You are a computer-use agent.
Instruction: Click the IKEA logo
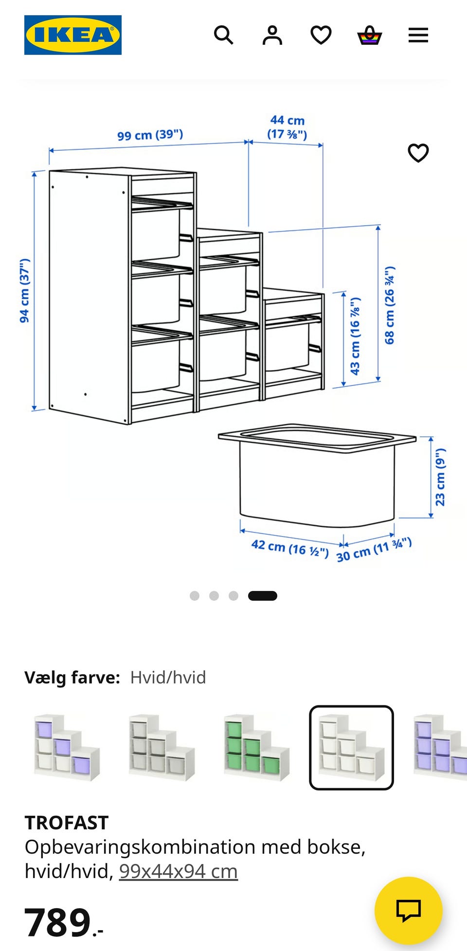(73, 35)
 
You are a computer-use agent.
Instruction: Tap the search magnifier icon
(224, 35)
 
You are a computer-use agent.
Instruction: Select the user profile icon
(272, 35)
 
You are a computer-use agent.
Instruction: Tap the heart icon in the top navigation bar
(321, 35)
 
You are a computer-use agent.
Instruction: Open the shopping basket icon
(370, 35)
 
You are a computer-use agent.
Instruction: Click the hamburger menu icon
(418, 35)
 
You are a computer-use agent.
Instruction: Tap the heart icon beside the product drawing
(418, 153)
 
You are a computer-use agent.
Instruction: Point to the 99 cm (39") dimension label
(150, 135)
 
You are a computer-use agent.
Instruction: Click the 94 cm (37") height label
(24, 290)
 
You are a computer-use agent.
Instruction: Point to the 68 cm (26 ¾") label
(390, 305)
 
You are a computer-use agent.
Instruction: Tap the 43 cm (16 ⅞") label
(356, 336)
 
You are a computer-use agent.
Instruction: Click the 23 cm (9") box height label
(440, 477)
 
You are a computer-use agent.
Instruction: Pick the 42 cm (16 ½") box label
(290, 548)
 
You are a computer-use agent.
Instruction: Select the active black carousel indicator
(263, 596)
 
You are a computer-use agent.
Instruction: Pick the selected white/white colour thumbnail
(351, 748)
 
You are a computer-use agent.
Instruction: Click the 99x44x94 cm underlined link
(179, 871)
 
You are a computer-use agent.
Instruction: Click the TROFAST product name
(67, 823)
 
